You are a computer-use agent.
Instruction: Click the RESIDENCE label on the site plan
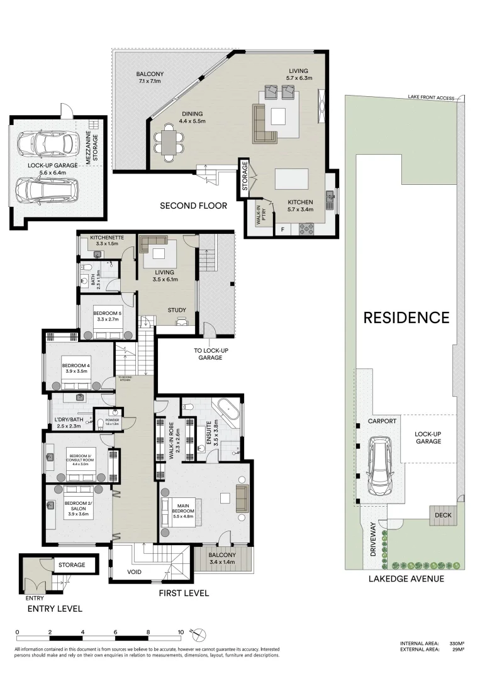point(406,317)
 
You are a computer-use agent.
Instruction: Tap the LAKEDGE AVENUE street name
point(406,578)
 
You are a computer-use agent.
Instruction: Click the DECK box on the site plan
point(439,516)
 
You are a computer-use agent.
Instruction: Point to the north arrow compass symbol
point(198,633)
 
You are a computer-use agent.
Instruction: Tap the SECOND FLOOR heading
point(193,206)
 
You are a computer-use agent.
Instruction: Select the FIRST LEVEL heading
point(184,593)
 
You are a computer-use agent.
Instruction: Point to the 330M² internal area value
point(456,644)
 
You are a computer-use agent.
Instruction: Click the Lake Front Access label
point(430,97)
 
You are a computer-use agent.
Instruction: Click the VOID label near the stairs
point(134,571)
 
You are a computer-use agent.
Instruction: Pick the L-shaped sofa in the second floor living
point(263,123)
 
